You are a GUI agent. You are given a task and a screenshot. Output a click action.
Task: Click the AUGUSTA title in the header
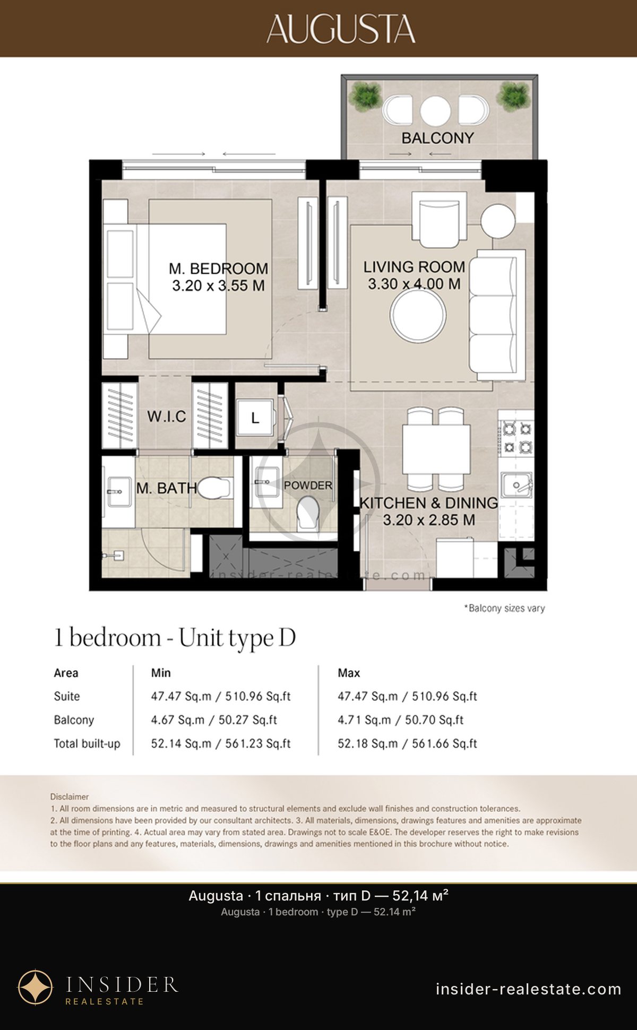[341, 29]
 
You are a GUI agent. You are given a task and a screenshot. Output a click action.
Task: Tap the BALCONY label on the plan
[437, 138]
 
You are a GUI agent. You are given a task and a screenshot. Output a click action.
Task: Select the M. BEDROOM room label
[218, 269]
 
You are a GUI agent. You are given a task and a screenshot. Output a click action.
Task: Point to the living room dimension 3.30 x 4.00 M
[414, 284]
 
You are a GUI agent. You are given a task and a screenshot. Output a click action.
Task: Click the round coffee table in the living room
[418, 315]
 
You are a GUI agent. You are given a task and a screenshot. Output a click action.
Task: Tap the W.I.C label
[167, 417]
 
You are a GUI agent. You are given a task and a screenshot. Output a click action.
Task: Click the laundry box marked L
[255, 418]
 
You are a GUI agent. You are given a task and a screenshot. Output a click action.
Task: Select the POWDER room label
[308, 485]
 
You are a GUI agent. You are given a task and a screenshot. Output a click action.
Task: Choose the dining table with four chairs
[436, 449]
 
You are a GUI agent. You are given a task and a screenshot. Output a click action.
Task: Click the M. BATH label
[167, 488]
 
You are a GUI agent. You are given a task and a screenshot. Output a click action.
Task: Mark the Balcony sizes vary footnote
[505, 608]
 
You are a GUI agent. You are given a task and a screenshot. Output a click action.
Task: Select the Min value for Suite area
[221, 696]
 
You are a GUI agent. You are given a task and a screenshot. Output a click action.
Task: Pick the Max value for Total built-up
[407, 743]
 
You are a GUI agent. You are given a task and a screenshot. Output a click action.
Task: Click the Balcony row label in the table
[74, 720]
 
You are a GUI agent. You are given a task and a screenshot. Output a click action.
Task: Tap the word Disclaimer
[70, 797]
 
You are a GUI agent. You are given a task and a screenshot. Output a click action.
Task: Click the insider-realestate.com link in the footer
[528, 989]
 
